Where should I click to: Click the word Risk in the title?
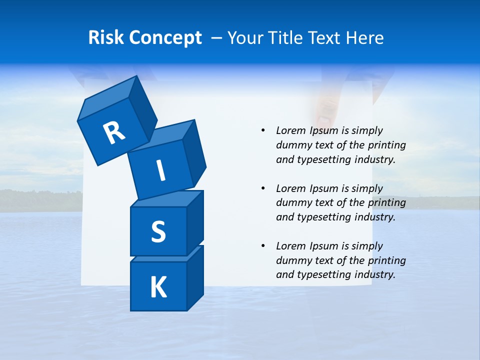106,38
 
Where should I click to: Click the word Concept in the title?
165,38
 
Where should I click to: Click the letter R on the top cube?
114,132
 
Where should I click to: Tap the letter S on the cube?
158,232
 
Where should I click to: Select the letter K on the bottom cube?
158,287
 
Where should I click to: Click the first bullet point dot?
263,130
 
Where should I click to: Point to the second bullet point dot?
263,188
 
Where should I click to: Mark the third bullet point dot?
263,246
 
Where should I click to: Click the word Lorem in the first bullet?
290,130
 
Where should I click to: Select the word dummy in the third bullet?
291,260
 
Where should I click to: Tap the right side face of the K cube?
195,277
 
